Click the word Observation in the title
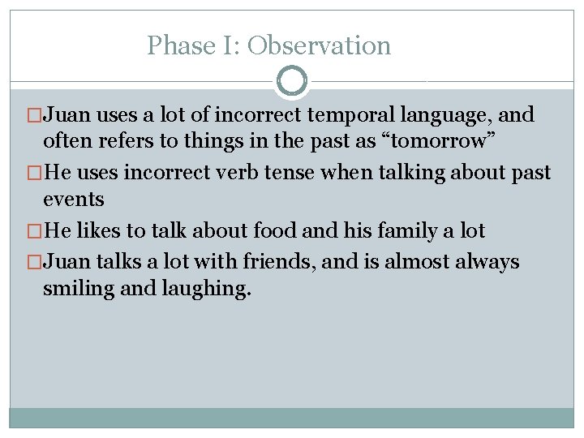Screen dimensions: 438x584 point(319,45)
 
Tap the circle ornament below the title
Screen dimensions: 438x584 point(292,81)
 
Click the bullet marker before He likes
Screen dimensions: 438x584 point(34,231)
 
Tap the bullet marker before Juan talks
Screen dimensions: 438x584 point(34,263)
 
